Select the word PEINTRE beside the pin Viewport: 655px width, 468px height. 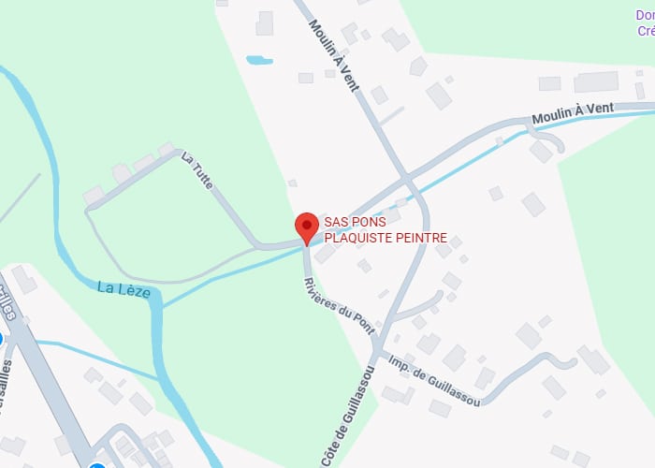point(424,238)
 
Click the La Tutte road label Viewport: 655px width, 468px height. point(198,170)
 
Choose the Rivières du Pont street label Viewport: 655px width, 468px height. point(339,306)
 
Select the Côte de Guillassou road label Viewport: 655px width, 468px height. point(346,415)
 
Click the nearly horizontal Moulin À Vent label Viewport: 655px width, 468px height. point(573,113)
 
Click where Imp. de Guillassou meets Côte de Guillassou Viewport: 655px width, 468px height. point(376,352)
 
